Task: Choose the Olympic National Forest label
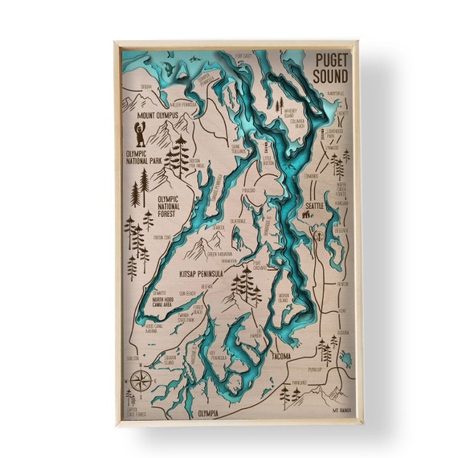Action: click(x=178, y=201)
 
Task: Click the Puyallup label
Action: click(x=315, y=370)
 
